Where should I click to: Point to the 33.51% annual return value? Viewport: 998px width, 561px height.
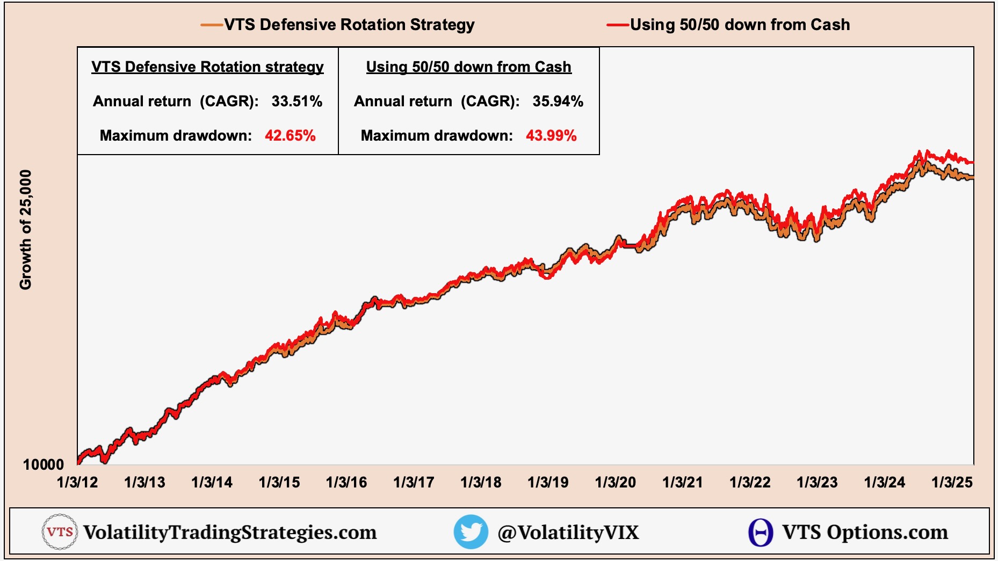tap(296, 101)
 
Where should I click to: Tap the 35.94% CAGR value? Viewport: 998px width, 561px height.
tap(558, 101)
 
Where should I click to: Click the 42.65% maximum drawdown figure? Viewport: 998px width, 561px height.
tap(290, 135)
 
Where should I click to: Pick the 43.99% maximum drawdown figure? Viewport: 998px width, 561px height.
tap(551, 135)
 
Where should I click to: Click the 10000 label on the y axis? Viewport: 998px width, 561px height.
tap(43, 464)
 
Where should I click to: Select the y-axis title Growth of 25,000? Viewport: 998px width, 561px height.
tap(26, 230)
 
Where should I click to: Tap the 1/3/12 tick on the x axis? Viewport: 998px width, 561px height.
tap(77, 482)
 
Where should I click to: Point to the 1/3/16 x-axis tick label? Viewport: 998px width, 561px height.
tap(346, 482)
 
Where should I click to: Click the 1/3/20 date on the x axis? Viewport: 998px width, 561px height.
tap(616, 482)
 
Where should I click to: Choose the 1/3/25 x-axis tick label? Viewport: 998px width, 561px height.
tap(952, 482)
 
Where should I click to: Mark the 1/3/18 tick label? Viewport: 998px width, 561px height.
tap(481, 482)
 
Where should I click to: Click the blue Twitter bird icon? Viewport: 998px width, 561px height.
tap(471, 532)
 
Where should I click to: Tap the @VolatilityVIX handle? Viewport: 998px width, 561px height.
tap(568, 533)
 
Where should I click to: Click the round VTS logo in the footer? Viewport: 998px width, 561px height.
tap(59, 532)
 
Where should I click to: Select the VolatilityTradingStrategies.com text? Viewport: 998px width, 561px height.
tap(230, 533)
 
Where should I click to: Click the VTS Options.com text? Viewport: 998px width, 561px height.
tap(865, 533)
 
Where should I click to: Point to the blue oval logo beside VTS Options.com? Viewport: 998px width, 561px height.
tap(761, 533)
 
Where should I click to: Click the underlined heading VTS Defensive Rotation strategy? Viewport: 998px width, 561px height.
tap(207, 67)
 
